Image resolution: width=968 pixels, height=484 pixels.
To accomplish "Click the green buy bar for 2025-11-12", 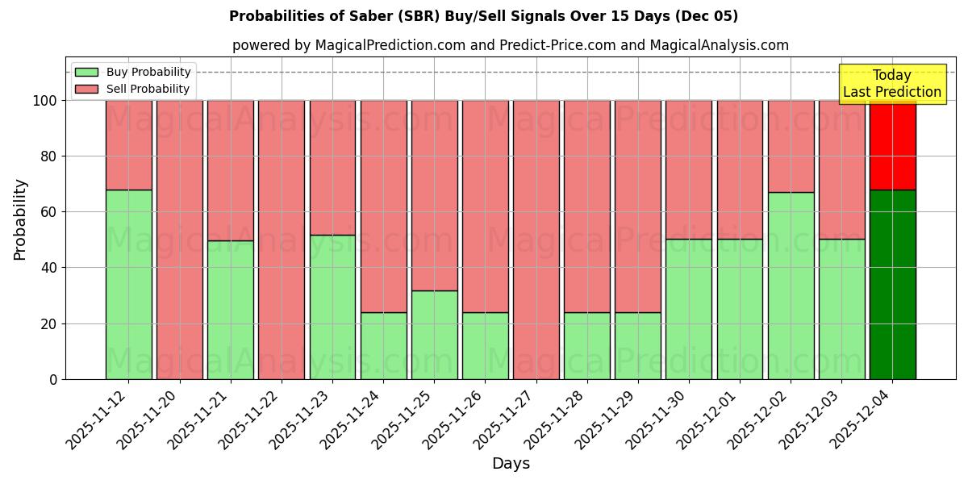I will tap(128, 284).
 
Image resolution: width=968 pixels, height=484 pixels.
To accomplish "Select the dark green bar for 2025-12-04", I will tap(892, 284).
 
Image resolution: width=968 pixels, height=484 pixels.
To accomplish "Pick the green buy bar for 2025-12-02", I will tap(791, 286).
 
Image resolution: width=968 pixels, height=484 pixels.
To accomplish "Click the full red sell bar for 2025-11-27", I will tap(536, 240).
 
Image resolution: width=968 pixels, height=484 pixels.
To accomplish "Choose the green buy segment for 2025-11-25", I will tap(434, 335).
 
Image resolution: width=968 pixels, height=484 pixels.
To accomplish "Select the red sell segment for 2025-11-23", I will tap(332, 167).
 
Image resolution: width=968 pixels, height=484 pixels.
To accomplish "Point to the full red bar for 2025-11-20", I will tap(179, 240).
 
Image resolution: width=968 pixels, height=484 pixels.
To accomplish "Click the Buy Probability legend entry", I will tap(132, 72).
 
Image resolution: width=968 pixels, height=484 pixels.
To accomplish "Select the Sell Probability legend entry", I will tap(132, 89).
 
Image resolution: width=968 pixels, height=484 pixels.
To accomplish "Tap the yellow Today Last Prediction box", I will tap(891, 84).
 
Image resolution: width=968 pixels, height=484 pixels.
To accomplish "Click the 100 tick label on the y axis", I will tap(44, 101).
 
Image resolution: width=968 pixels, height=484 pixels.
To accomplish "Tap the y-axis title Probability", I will tap(20, 219).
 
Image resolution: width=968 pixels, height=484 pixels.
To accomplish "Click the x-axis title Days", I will tap(511, 464).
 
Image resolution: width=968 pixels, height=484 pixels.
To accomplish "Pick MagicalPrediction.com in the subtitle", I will tap(390, 45).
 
